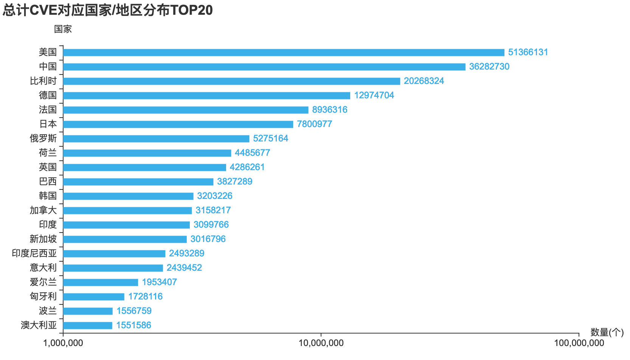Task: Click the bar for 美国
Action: point(284,53)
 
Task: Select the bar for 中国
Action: point(264,67)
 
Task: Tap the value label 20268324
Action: point(424,81)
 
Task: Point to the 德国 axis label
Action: point(48,95)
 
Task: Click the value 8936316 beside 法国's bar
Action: point(329,110)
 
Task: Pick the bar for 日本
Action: point(178,124)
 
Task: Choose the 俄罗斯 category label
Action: point(43,138)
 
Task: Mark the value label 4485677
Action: point(252,153)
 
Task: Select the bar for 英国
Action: point(144,168)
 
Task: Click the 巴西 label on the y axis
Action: point(48,182)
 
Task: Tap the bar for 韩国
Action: point(128,196)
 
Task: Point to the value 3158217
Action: point(213,210)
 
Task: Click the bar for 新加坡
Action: point(125,239)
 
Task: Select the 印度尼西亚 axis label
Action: point(34,253)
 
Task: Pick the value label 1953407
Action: point(159,282)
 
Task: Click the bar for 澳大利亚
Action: point(88,326)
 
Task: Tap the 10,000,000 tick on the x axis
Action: point(321,343)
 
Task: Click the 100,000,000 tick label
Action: point(579,343)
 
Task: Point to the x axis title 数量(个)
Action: point(607,332)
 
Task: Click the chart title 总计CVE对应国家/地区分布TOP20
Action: point(108,10)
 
